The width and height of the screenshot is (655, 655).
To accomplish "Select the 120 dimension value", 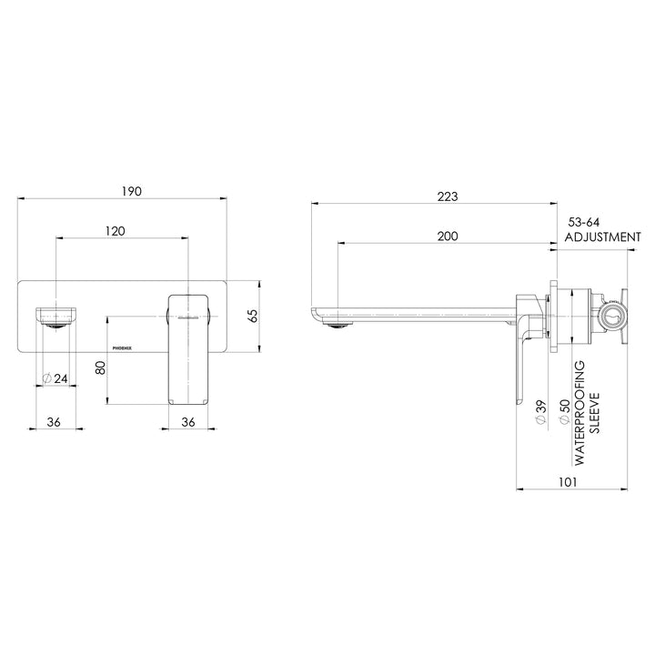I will [x=115, y=232].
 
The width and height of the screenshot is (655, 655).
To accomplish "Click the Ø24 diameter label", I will [x=56, y=379].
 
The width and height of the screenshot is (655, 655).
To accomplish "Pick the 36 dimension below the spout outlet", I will [x=54, y=421].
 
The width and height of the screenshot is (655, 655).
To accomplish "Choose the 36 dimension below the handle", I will [x=189, y=421].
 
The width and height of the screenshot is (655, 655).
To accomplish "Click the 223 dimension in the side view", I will [x=446, y=196].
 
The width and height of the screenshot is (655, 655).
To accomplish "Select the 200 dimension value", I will [x=446, y=236].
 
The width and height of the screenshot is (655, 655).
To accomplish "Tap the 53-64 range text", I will [x=584, y=221].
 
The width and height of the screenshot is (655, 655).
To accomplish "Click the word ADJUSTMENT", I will [x=602, y=237].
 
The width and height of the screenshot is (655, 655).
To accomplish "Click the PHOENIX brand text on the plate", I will [x=122, y=347].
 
